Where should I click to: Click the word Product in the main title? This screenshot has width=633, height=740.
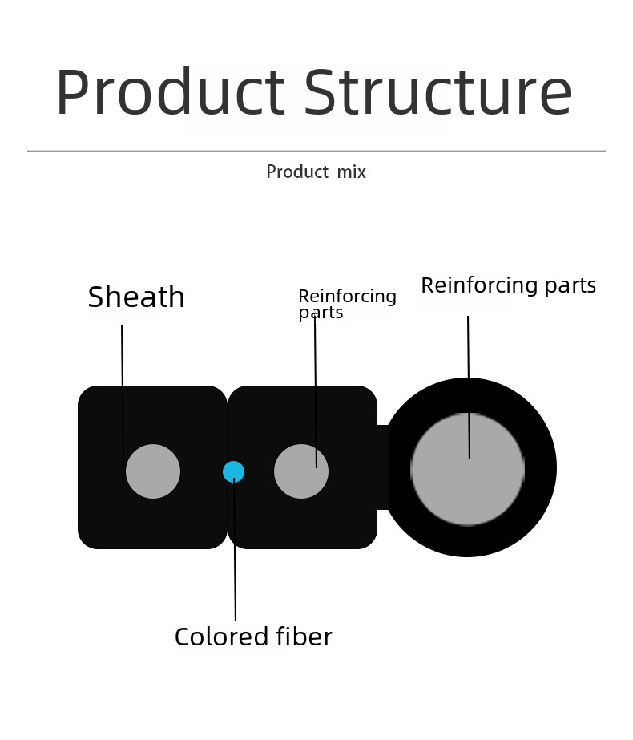pyautogui.click(x=171, y=91)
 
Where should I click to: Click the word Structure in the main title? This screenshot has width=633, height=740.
pyautogui.click(x=438, y=91)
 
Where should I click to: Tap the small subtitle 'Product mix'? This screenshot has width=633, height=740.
pyautogui.click(x=316, y=172)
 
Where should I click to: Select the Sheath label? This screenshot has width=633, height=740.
pyautogui.click(x=136, y=297)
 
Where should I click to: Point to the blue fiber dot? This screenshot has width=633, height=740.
pyautogui.click(x=233, y=472)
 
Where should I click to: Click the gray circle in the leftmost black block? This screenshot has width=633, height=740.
pyautogui.click(x=153, y=471)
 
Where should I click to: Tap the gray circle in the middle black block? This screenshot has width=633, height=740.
pyautogui.click(x=301, y=471)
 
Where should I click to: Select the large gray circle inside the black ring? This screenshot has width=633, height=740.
pyautogui.click(x=467, y=469)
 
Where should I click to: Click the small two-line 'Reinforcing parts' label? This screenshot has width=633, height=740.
pyautogui.click(x=348, y=304)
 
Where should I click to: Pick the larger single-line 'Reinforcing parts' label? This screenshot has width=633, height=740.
pyautogui.click(x=509, y=285)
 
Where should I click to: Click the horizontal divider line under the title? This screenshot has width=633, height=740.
pyautogui.click(x=316, y=151)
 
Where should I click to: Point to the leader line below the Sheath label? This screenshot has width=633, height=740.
pyautogui.click(x=123, y=396)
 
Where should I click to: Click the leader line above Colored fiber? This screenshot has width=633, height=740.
pyautogui.click(x=235, y=549)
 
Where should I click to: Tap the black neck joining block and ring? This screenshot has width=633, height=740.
pyautogui.click(x=383, y=467)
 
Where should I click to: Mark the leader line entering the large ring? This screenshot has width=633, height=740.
pyautogui.click(x=469, y=387)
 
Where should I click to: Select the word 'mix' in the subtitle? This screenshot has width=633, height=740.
pyautogui.click(x=352, y=172)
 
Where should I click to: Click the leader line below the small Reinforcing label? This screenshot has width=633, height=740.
pyautogui.click(x=316, y=392)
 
